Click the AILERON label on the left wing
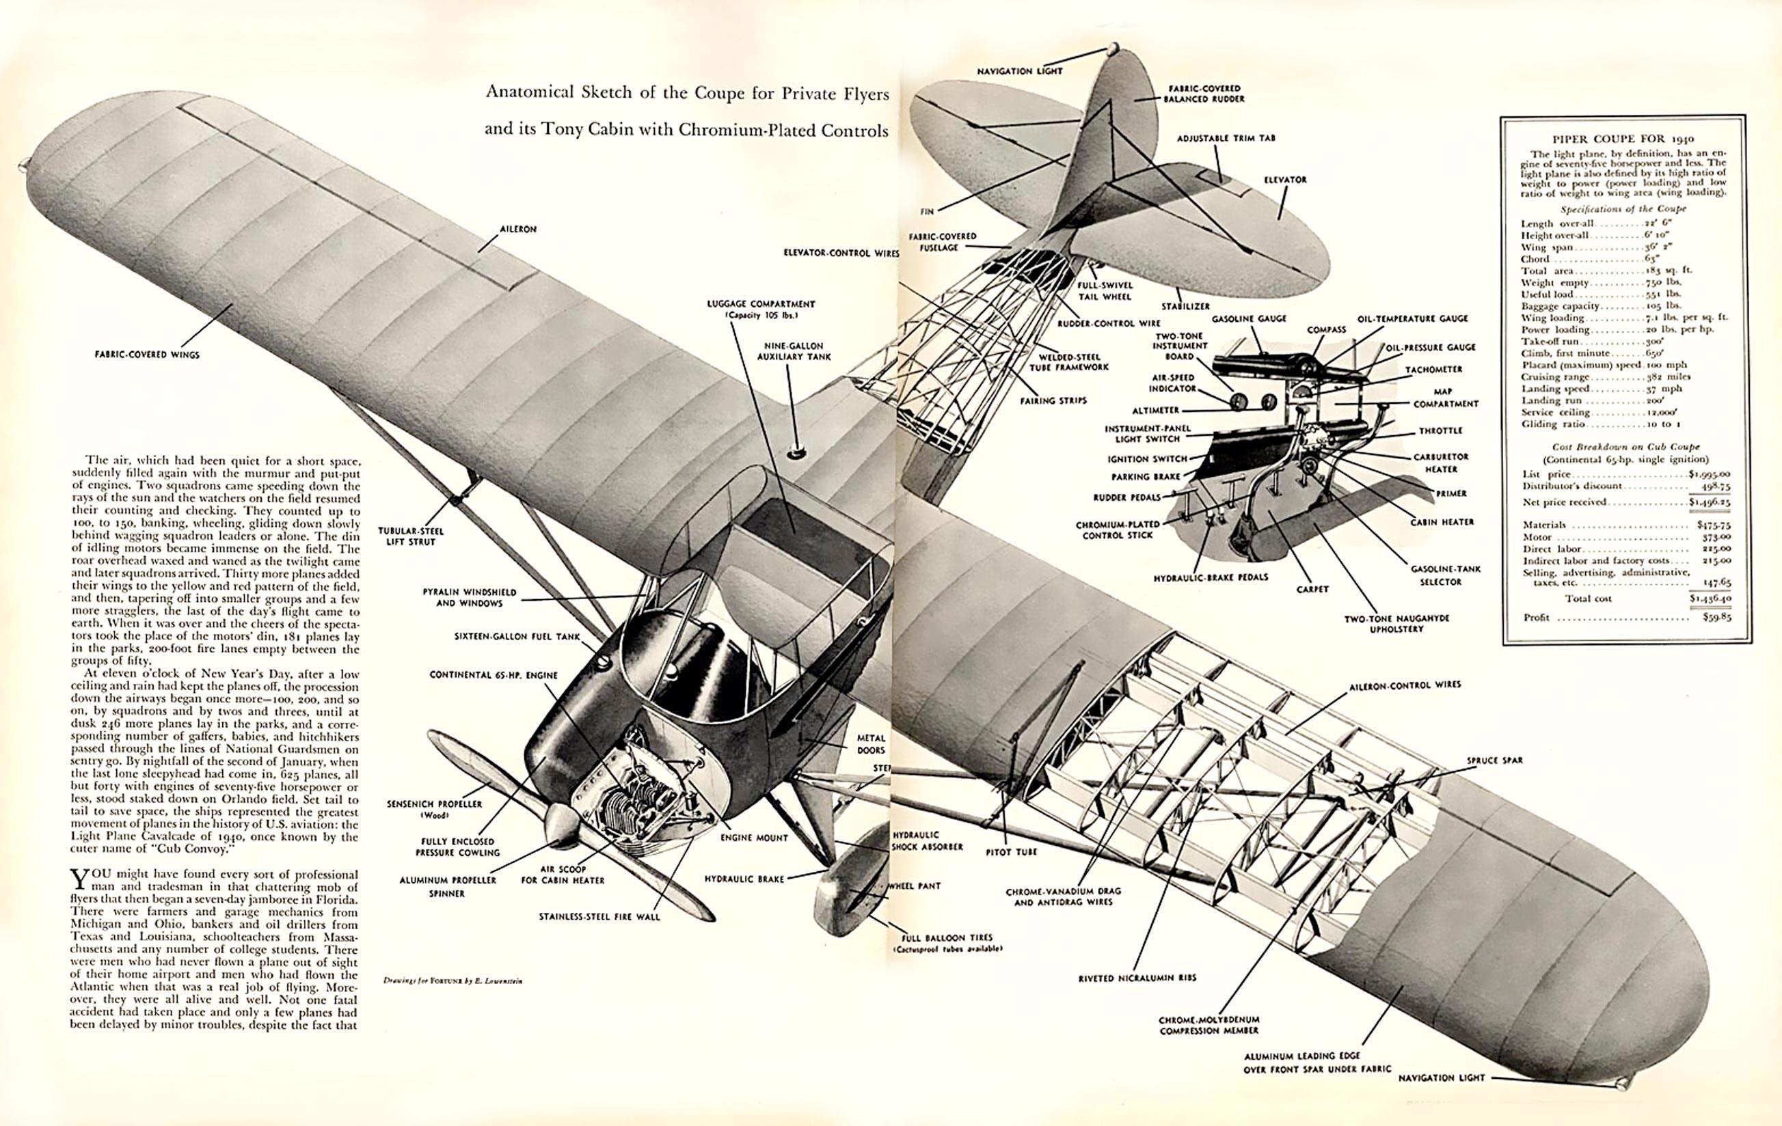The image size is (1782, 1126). (517, 230)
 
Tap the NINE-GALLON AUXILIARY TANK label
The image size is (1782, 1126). (794, 351)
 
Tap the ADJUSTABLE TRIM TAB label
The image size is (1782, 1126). (1226, 138)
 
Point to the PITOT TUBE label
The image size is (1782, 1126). (1012, 852)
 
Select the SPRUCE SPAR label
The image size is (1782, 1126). (1495, 760)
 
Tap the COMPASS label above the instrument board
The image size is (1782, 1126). (1326, 330)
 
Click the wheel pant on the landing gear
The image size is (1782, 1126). (849, 899)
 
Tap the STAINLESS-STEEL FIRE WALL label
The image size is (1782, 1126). (599, 917)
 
